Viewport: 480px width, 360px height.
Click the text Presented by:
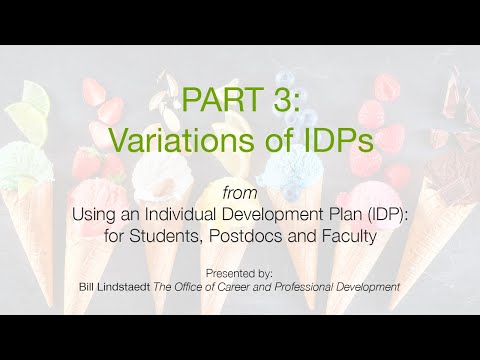pyautogui.click(x=239, y=272)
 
